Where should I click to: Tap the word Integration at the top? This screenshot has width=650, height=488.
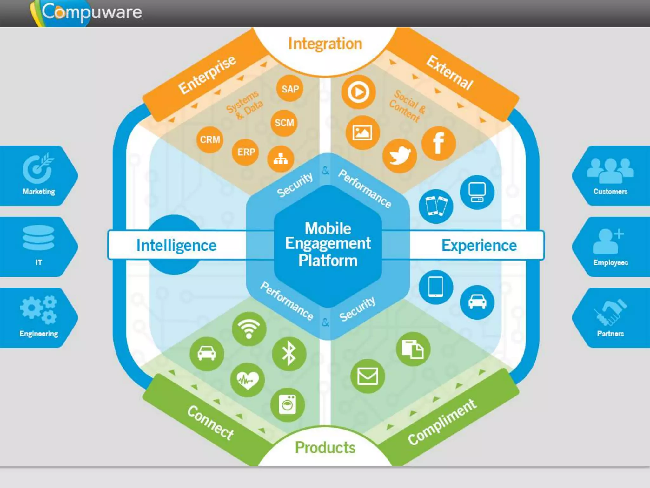tap(325, 44)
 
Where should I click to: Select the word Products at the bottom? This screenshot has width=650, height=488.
tap(325, 447)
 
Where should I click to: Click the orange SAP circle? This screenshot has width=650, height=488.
tap(290, 89)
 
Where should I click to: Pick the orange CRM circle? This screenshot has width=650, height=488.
tap(210, 139)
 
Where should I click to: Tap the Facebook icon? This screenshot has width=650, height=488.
tap(439, 143)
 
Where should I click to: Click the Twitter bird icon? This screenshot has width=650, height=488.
tap(400, 156)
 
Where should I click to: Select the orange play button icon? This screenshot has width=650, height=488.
tap(358, 92)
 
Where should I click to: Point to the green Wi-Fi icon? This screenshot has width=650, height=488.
tap(249, 329)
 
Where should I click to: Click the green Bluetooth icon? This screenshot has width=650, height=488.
tap(289, 354)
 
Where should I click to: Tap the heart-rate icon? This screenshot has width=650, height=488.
tap(248, 380)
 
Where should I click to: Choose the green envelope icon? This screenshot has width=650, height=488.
tap(368, 376)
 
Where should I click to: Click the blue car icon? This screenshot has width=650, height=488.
tap(477, 302)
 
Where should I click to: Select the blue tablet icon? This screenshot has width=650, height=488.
tap(436, 287)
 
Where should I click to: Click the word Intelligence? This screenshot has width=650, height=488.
tap(176, 246)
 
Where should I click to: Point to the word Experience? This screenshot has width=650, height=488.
tap(479, 246)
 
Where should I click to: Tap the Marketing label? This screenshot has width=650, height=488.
tap(39, 192)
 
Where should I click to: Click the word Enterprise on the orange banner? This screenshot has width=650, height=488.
tap(207, 75)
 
